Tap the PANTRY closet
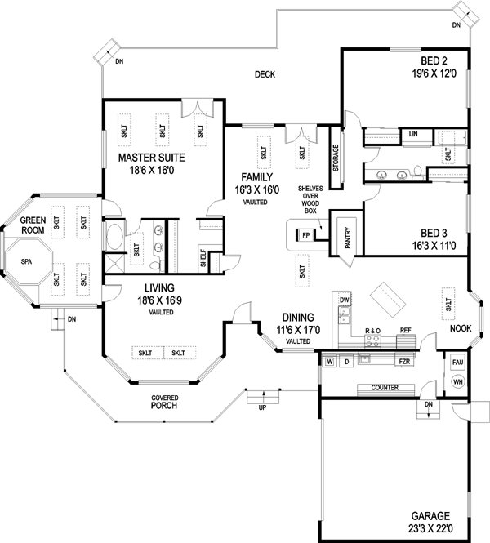coord(348,237)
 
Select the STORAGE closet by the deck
coord(335,152)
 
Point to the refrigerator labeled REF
coord(404,331)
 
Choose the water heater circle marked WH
coord(457,381)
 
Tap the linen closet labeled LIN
coord(413,134)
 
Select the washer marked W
coord(330,360)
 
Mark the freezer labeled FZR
coord(403,360)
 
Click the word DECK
coord(264,75)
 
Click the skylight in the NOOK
coord(448,305)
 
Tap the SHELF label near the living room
coord(203,259)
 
